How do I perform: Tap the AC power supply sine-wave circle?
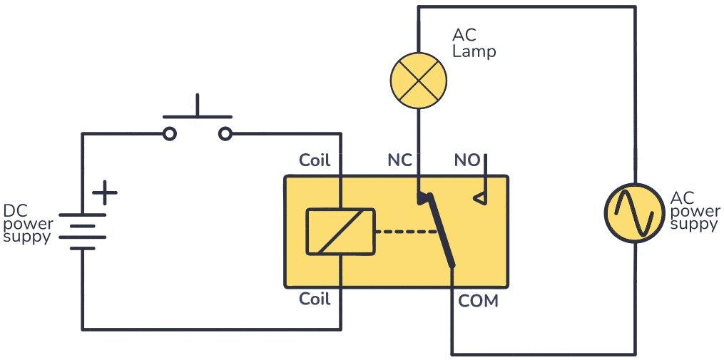pyautogui.click(x=633, y=212)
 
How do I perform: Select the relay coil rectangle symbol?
pyautogui.click(x=340, y=231)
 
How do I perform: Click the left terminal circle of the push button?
pyautogui.click(x=170, y=133)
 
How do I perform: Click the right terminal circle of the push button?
pyautogui.click(x=225, y=133)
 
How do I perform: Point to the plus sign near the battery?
pyautogui.click(x=105, y=192)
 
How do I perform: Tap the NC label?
pyautogui.click(x=399, y=160)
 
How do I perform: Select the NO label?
pyautogui.click(x=467, y=160)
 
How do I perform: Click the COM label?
pyautogui.click(x=478, y=301)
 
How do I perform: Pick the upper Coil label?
pyautogui.click(x=315, y=160)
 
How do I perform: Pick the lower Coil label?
pyautogui.click(x=315, y=299)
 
